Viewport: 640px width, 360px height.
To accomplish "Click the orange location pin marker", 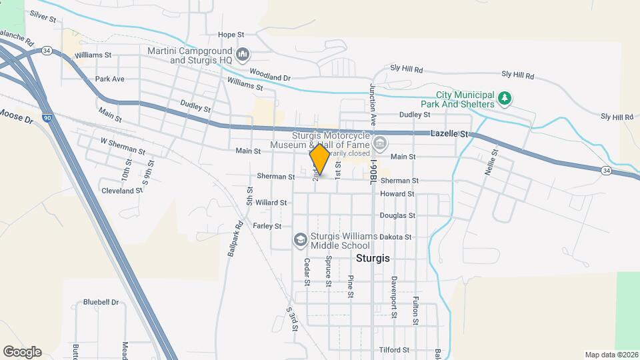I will pyautogui.click(x=319, y=160).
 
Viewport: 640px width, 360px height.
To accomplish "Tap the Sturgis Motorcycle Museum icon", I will pyautogui.click(x=380, y=143).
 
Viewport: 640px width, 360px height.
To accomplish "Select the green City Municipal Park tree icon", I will pyautogui.click(x=505, y=99).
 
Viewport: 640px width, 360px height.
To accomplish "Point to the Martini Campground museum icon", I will pyautogui.click(x=243, y=53).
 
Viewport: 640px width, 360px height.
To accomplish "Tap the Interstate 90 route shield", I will pyautogui.click(x=47, y=118).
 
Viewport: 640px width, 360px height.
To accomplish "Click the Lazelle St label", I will pyautogui.click(x=450, y=134).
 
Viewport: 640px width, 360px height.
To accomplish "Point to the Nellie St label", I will pyautogui.click(x=494, y=160).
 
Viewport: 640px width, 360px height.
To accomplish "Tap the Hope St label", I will pyautogui.click(x=232, y=35).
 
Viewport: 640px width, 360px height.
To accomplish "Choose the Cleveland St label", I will pyautogui.click(x=122, y=190).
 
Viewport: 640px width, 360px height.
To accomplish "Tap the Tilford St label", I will pyautogui.click(x=394, y=350).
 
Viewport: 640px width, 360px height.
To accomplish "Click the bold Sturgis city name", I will pyautogui.click(x=373, y=257).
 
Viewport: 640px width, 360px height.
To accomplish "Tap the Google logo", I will pyautogui.click(x=22, y=351).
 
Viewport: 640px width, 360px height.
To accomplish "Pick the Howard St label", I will pyautogui.click(x=397, y=194).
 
